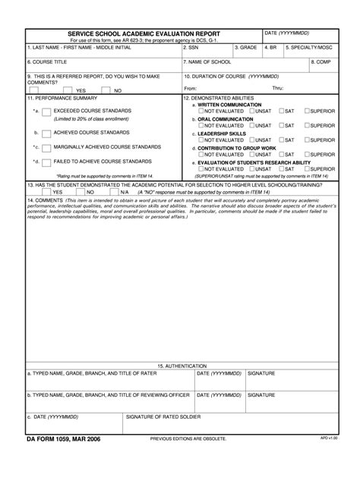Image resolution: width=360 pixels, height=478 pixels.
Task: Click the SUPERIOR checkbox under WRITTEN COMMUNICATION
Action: tap(307, 112)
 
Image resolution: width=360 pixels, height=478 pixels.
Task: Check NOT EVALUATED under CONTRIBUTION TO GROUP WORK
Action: tap(201, 154)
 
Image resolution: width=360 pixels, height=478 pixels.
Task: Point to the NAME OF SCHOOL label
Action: tap(210, 62)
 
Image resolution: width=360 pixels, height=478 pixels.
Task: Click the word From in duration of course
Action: tap(191, 89)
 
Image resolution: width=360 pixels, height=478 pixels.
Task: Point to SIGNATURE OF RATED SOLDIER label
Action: tap(163, 417)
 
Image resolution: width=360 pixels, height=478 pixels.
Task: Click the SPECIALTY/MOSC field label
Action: tap(308, 47)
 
